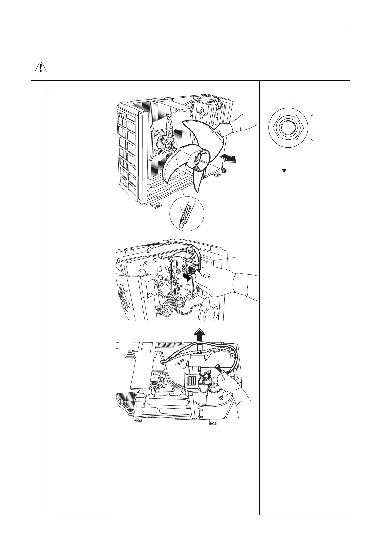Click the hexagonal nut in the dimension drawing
click(288, 127)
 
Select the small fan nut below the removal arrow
click(224, 170)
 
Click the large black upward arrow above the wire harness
click(199, 335)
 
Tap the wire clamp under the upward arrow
click(199, 348)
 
